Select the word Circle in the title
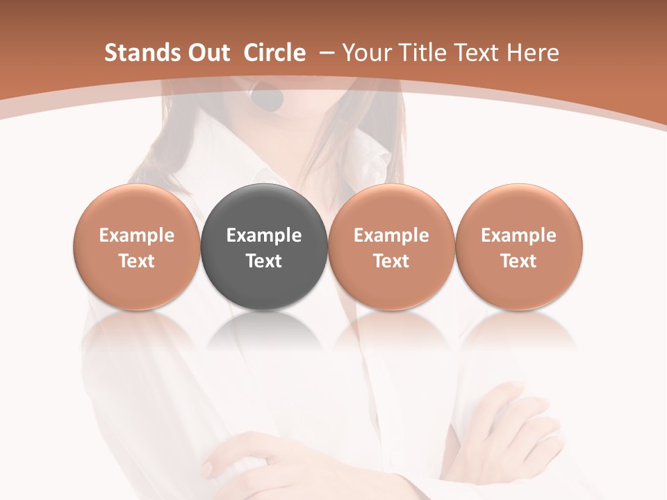click(x=274, y=53)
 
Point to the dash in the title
click(x=325, y=53)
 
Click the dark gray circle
click(x=264, y=247)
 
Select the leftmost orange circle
click(x=136, y=247)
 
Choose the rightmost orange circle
click(x=519, y=247)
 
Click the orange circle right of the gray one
click(x=391, y=247)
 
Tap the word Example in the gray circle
click(x=264, y=235)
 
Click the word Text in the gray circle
click(x=264, y=261)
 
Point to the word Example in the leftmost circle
click(x=136, y=235)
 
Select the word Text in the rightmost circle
click(x=519, y=261)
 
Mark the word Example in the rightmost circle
click(x=519, y=235)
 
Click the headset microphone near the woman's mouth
click(x=267, y=99)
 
